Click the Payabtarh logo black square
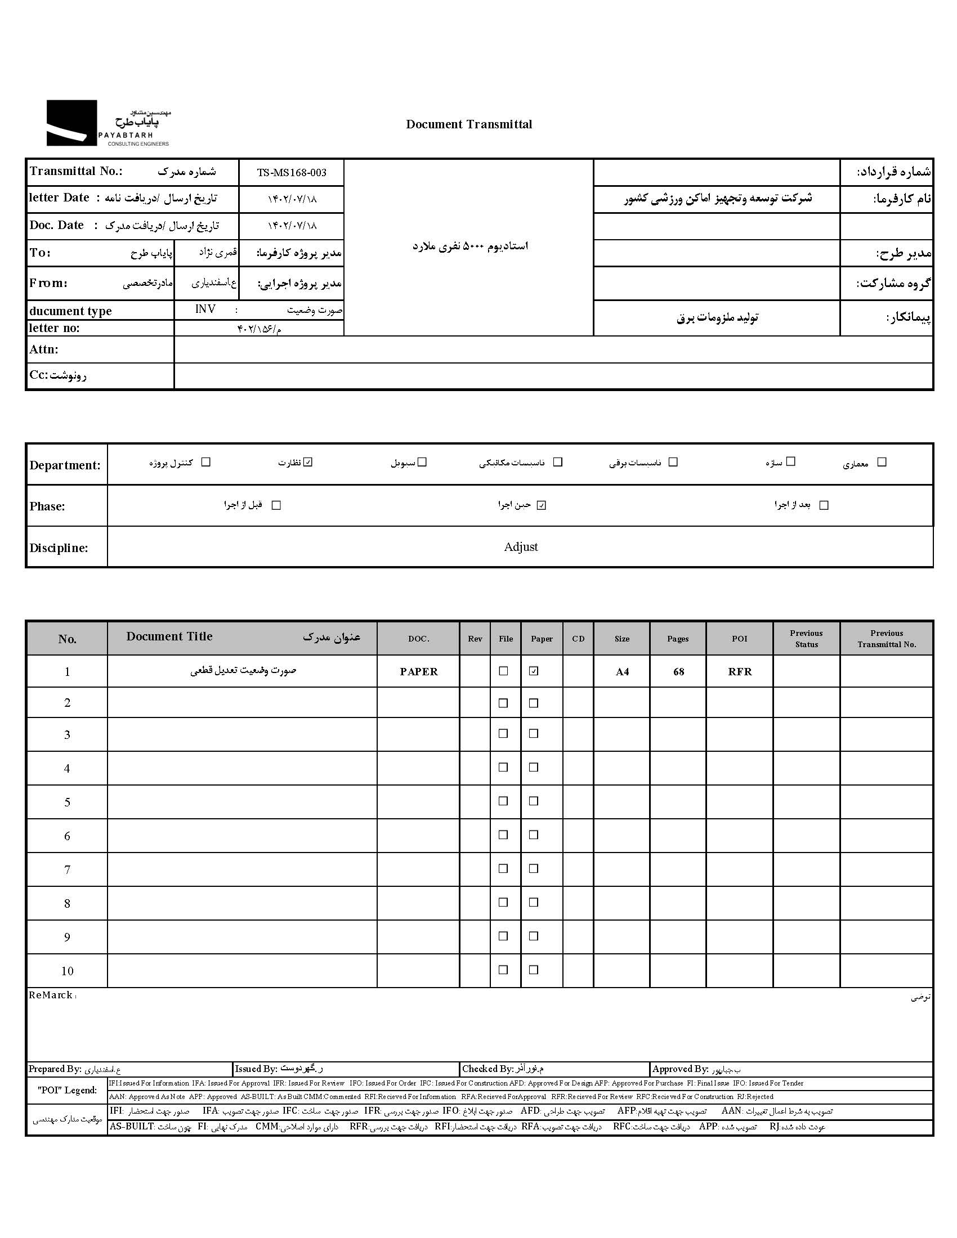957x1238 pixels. [71, 123]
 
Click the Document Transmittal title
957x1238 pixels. [469, 124]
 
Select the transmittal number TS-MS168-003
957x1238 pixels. [292, 173]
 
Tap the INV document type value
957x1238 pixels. [205, 309]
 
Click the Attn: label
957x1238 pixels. [44, 350]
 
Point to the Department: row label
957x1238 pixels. [65, 465]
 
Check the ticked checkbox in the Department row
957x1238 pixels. [308, 463]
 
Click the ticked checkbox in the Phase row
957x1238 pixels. [542, 506]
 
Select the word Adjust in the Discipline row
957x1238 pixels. [521, 547]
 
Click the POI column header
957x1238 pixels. [739, 639]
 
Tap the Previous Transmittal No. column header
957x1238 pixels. [886, 639]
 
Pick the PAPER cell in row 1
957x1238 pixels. [418, 672]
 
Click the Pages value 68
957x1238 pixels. [678, 672]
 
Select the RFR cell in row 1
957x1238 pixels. [739, 672]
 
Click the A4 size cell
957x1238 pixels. [622, 672]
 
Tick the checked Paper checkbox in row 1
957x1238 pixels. [534, 671]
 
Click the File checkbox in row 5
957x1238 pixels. [503, 801]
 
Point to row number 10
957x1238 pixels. [67, 972]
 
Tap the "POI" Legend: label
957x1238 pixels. [67, 1090]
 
